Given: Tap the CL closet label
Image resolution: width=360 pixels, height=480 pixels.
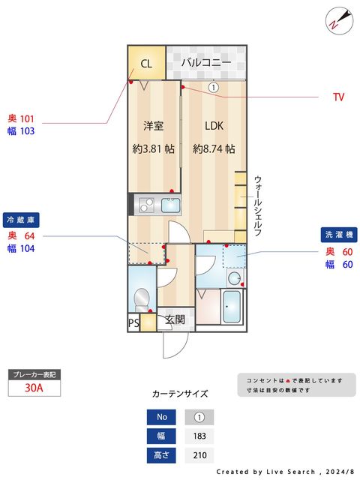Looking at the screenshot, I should pos(146,64).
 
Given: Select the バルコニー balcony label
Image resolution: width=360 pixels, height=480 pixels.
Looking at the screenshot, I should pos(205,63).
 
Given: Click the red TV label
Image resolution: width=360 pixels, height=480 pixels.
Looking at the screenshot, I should pos(338,97).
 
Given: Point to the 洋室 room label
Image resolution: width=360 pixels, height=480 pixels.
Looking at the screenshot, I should pos(154,125).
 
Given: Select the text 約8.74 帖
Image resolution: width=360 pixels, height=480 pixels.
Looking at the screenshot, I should pos(214,148).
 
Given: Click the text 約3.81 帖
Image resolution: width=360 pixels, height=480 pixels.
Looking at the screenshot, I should pos(154,148).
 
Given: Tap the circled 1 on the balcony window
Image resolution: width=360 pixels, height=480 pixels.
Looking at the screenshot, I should pos(214,87).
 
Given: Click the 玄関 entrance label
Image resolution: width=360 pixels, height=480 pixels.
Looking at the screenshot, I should pos(175,319).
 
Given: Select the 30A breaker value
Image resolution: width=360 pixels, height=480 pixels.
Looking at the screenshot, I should pos(34,388).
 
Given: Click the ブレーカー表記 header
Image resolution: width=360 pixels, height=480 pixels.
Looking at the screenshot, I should pos(34,373).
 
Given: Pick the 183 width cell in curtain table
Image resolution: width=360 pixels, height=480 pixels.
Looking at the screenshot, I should pos(199,436).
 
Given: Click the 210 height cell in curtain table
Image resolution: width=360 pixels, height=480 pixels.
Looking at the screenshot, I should pos(199,455).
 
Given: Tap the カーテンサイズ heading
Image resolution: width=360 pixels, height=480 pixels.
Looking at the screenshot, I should pos(180,393).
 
